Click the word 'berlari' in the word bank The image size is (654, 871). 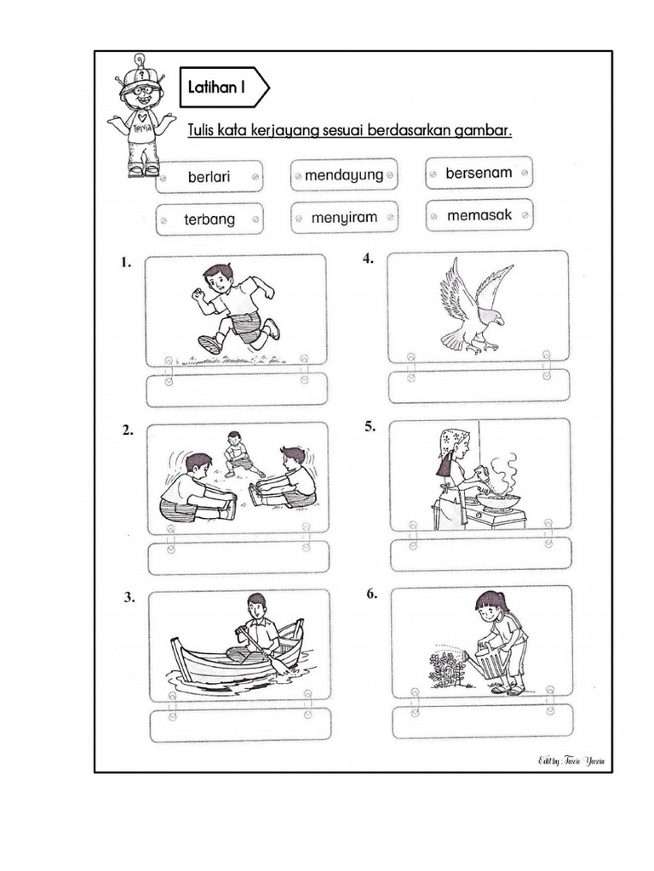tap(209, 177)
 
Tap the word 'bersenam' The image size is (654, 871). tap(479, 173)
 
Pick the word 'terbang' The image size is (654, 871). tap(209, 219)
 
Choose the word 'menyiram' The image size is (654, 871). tap(344, 218)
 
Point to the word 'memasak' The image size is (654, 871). tap(479, 215)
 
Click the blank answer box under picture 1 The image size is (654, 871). tap(236, 390)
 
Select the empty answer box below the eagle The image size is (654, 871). tap(479, 386)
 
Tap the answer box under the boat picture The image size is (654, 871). tap(239, 725)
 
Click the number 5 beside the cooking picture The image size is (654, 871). tap(370, 427)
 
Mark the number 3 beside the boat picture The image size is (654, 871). tap(129, 598)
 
